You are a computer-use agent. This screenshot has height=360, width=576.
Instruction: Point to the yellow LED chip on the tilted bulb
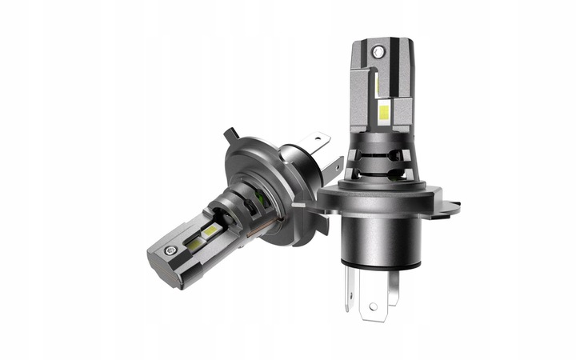212,231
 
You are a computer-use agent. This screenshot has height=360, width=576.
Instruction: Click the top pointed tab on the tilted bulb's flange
229,133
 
